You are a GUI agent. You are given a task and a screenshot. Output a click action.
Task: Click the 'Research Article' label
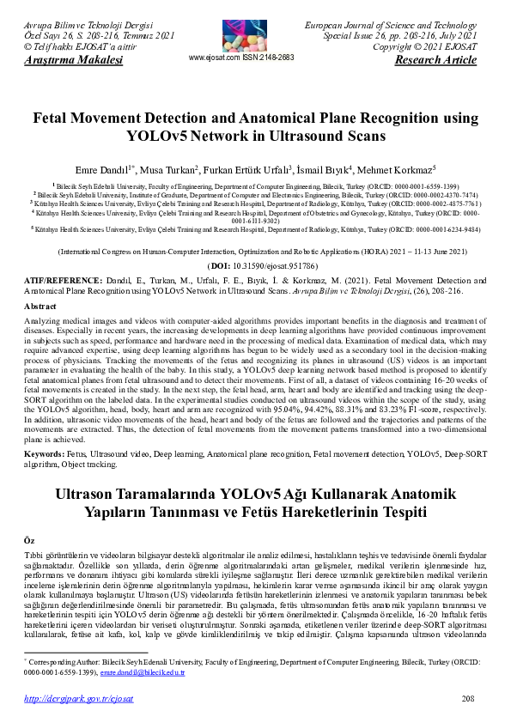(x=435, y=61)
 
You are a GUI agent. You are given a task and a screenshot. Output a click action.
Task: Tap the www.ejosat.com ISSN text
(x=240, y=58)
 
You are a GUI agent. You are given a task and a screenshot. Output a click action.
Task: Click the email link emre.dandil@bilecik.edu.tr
(x=143, y=673)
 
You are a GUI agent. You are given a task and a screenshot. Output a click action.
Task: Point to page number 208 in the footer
(x=468, y=700)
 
